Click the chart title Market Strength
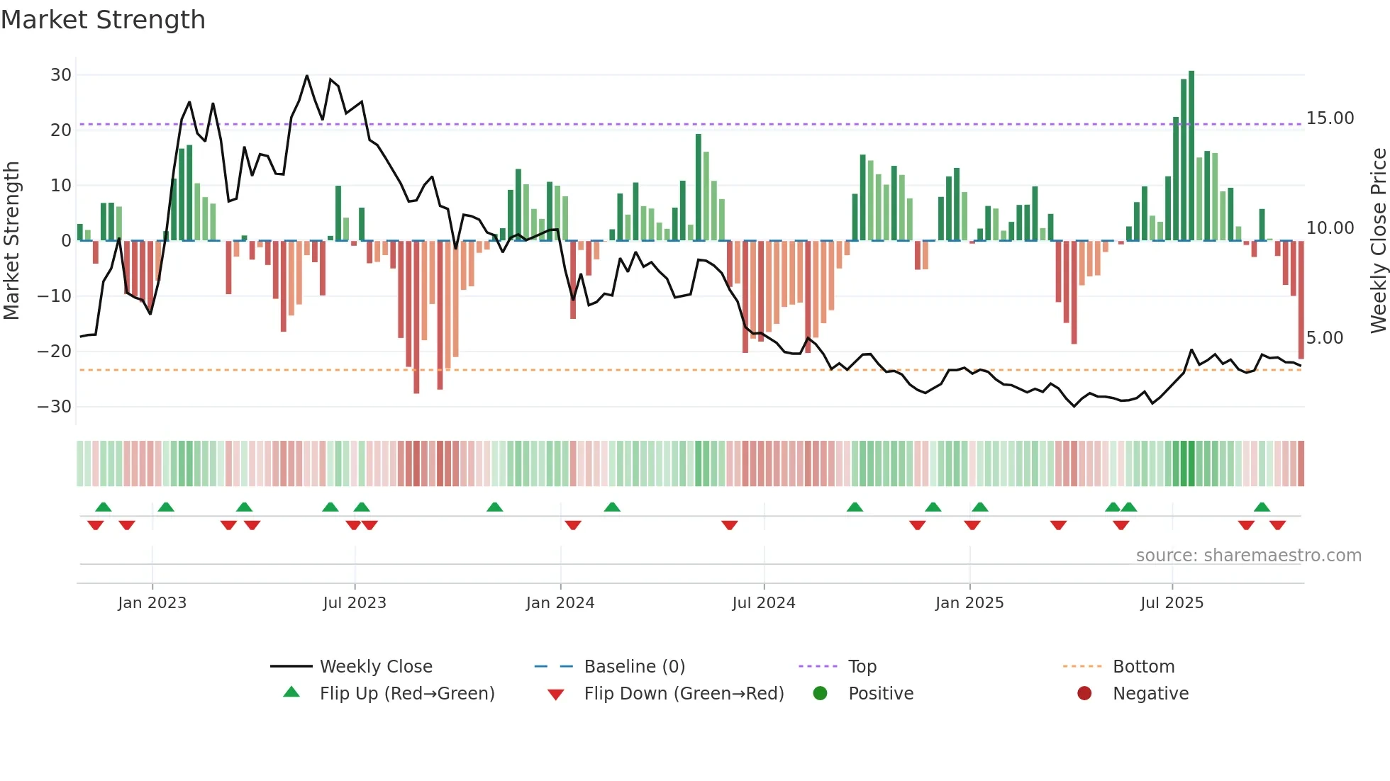[x=103, y=20]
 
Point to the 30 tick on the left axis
[x=61, y=75]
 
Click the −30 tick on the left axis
[x=55, y=407]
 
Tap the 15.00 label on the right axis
[x=1330, y=118]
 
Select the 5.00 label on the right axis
[x=1324, y=338]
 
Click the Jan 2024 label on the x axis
[x=560, y=603]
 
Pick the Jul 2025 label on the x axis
[x=1172, y=603]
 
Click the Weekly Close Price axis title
[x=1378, y=240]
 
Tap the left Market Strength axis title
[x=11, y=240]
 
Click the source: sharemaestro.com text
[x=1248, y=556]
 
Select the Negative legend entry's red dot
[x=1084, y=694]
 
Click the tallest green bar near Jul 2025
[x=1191, y=156]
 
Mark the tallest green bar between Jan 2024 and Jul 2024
[x=699, y=187]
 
